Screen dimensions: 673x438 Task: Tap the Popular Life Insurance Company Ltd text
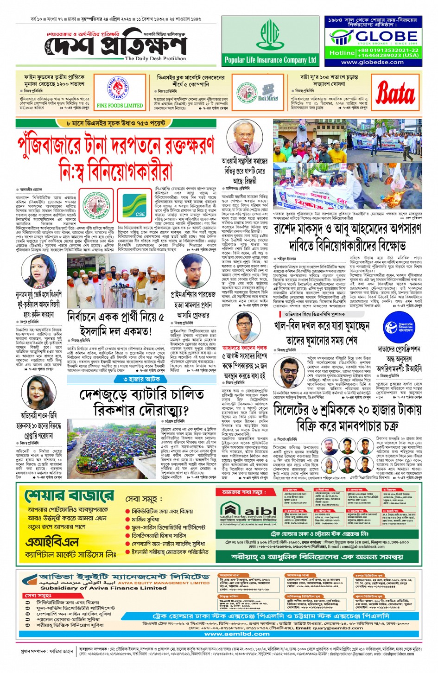point(270,60)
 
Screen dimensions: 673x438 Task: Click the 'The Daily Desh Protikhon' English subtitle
point(155,59)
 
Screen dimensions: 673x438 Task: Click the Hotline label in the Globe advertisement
point(342,53)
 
